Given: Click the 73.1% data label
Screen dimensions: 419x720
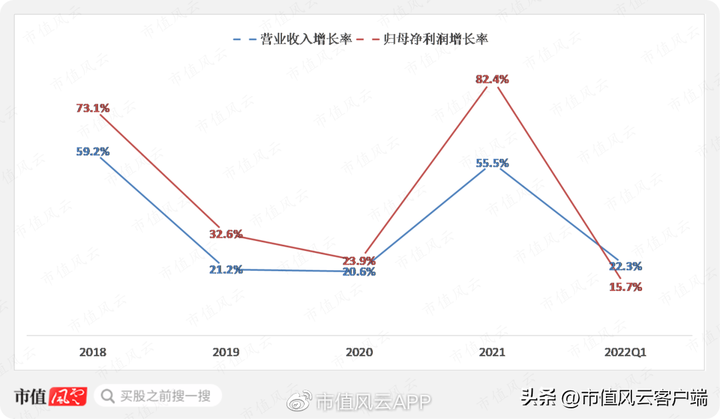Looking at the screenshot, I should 93,108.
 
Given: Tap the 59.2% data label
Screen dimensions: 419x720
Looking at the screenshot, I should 93,151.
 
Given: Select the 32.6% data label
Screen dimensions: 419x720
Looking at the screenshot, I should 225,234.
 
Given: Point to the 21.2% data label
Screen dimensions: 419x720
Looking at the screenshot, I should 225,270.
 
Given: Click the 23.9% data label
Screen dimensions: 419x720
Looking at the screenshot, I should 359,261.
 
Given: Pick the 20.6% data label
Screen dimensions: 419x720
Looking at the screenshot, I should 359,272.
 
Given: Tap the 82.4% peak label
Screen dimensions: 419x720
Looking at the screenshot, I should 492,79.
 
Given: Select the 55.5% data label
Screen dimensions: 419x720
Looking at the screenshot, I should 492,163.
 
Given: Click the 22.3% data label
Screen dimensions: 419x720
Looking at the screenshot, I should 625,266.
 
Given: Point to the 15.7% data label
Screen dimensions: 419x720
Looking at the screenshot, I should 625,287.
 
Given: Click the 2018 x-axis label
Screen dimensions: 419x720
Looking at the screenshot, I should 93,352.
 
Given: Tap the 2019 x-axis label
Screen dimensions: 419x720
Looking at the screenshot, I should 225,352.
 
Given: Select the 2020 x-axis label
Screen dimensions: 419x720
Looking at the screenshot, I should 359,352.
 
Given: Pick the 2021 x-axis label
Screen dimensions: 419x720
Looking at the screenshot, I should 492,352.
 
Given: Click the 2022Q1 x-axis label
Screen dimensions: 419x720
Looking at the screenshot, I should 625,352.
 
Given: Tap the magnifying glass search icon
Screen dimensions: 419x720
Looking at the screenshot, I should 107,396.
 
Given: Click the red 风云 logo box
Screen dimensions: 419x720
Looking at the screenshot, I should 67,396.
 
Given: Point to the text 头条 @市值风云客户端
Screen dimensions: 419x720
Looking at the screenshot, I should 614,398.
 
